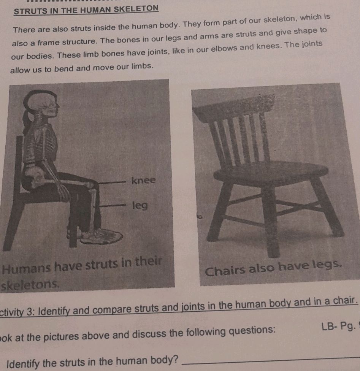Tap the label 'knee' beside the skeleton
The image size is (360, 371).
pyautogui.click(x=144, y=181)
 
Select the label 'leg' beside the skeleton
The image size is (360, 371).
pyautogui.click(x=140, y=206)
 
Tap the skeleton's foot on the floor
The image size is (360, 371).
pyautogui.click(x=101, y=236)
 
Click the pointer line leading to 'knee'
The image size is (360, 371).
pyautogui.click(x=112, y=182)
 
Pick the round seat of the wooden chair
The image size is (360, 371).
pyautogui.click(x=271, y=172)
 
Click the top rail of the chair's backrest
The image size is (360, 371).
pyautogui.click(x=234, y=108)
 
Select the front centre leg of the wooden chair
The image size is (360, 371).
pyautogui.click(x=271, y=220)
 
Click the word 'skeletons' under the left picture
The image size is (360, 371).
pyautogui.click(x=30, y=285)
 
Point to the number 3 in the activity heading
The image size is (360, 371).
pyautogui.click(x=30, y=311)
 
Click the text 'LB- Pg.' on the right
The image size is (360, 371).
pyautogui.click(x=339, y=327)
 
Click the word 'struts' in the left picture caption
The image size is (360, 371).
pyautogui.click(x=101, y=265)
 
